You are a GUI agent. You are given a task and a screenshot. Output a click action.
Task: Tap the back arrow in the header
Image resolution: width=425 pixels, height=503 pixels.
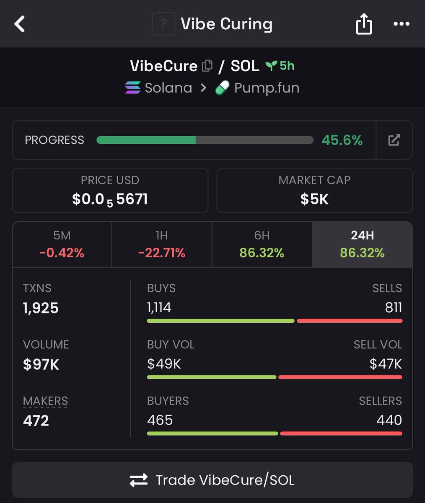(20, 24)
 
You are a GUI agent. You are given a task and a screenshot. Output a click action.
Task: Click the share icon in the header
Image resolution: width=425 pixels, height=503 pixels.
(364, 24)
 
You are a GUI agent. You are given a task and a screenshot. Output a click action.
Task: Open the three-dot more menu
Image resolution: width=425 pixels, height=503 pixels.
(402, 23)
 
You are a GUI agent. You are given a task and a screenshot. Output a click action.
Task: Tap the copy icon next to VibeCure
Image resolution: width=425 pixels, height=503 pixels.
(207, 66)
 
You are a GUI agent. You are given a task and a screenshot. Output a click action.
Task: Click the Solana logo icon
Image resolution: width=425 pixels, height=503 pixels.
(133, 88)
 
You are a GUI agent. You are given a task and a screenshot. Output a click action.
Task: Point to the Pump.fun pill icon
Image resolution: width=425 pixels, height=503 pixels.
(222, 88)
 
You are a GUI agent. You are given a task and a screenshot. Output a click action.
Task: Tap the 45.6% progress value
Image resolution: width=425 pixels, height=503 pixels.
(342, 140)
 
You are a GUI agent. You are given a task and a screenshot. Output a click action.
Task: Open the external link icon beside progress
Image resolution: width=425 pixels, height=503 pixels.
(394, 140)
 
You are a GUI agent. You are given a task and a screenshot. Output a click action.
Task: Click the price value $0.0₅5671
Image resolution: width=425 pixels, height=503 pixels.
(110, 200)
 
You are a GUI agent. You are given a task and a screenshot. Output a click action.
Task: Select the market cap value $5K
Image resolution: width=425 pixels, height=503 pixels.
(314, 199)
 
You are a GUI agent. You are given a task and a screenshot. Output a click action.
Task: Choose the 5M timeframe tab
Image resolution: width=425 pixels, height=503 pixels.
(62, 244)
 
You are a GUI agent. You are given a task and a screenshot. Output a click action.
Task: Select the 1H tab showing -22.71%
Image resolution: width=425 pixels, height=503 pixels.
(162, 244)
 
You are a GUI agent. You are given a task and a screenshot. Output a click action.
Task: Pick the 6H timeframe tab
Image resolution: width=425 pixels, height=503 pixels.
(262, 244)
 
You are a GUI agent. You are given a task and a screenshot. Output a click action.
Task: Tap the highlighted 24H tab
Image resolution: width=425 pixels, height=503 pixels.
(363, 244)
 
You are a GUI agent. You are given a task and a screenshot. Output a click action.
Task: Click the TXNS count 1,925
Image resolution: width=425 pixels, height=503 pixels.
(41, 308)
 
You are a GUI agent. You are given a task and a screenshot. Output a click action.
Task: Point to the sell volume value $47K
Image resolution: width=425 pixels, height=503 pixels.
(386, 364)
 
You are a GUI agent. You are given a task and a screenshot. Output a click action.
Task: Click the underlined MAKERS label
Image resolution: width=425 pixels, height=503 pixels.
(45, 401)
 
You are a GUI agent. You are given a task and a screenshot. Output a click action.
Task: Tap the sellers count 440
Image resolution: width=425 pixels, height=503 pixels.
(389, 420)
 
